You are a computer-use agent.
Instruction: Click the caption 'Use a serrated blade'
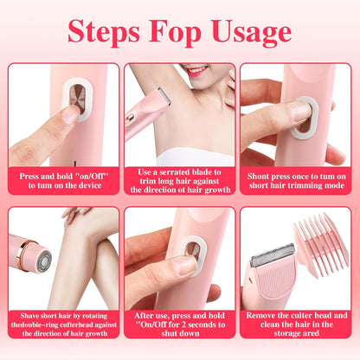coord(180,181)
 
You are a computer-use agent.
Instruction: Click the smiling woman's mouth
coord(198,70)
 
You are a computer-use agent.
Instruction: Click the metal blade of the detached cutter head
coord(272,255)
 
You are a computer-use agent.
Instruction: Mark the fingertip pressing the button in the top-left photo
coord(69,114)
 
